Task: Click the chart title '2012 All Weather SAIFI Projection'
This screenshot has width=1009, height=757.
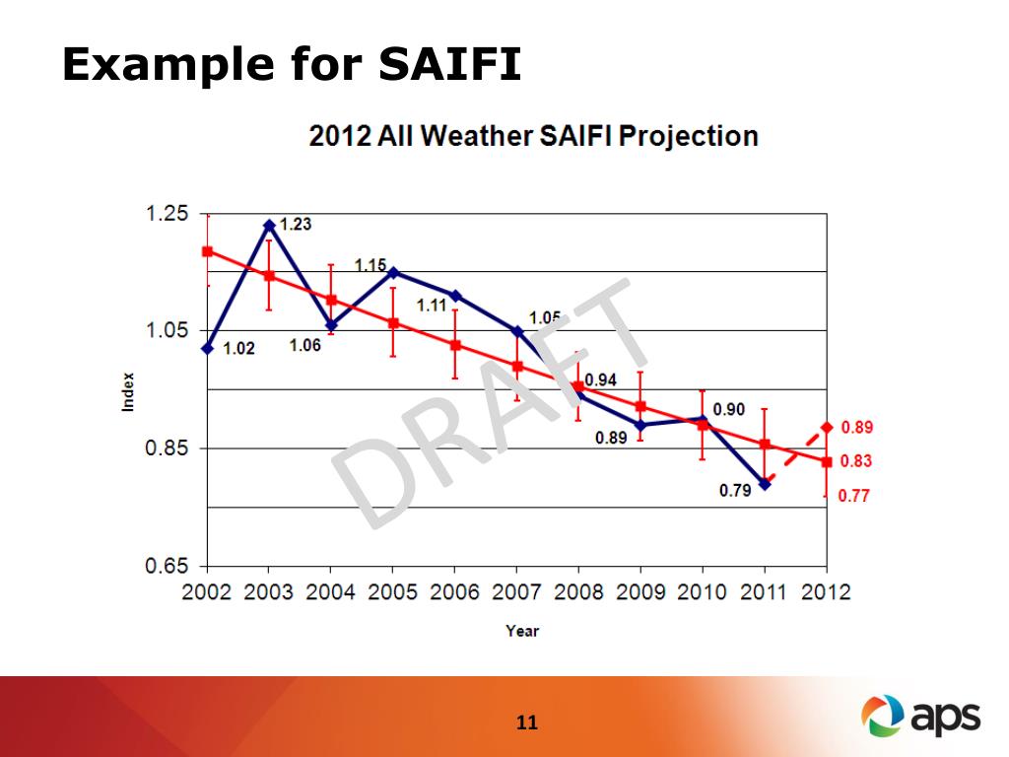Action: [x=533, y=135]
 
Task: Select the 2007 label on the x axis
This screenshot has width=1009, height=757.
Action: [x=516, y=592]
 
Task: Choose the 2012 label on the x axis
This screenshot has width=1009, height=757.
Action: [x=826, y=592]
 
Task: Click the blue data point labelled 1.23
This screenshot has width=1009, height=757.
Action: [x=269, y=225]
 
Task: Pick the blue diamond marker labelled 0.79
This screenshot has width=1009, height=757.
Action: [x=765, y=484]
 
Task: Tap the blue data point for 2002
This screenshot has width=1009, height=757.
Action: [x=207, y=348]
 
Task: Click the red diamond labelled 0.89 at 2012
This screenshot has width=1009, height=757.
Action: [x=827, y=428]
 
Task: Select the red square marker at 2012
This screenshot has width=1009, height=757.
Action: [x=827, y=461]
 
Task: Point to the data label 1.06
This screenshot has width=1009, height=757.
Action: [x=304, y=346]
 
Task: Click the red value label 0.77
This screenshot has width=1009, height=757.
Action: [x=854, y=497]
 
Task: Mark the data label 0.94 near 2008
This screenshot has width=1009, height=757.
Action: [x=600, y=380]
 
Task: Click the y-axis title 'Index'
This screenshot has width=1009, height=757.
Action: [x=128, y=390]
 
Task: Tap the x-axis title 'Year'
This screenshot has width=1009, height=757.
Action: [x=522, y=631]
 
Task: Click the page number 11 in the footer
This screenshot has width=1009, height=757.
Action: [x=527, y=723]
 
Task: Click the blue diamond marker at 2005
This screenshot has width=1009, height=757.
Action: [x=393, y=272]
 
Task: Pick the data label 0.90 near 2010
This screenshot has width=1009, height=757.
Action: [x=729, y=410]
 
